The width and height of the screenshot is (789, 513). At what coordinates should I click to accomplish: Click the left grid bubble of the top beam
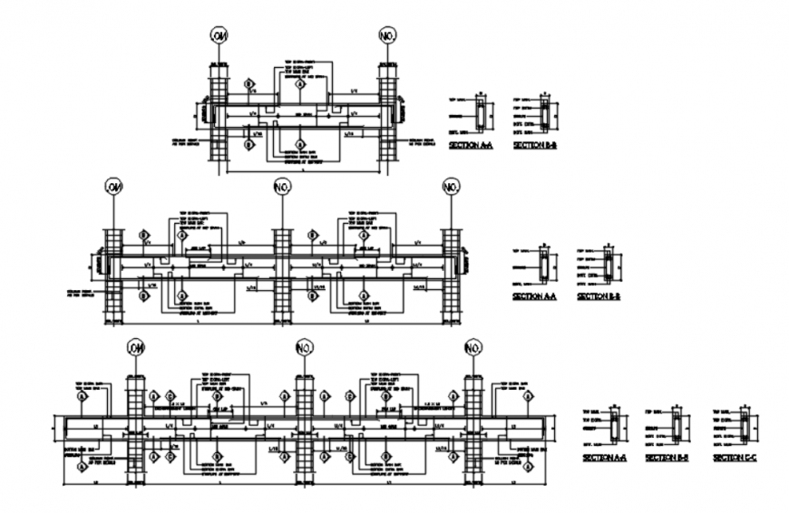click(x=219, y=35)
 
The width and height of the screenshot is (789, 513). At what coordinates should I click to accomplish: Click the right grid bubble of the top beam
click(x=388, y=35)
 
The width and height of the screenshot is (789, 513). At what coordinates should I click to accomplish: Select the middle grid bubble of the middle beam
click(x=282, y=188)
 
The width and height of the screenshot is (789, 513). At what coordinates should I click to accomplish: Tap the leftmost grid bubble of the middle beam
click(x=113, y=188)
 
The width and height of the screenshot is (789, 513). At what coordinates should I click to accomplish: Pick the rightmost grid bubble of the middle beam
click(x=451, y=188)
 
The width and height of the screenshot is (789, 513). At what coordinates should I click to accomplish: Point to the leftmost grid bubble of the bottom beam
click(x=136, y=348)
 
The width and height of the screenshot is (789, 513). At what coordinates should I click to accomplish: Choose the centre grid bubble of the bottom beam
click(x=305, y=348)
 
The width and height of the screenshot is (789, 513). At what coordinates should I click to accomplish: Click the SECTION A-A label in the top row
click(x=470, y=145)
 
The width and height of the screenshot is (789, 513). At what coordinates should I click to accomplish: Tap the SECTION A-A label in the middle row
click(x=533, y=296)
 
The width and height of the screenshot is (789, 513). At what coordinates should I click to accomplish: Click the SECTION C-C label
click(x=735, y=459)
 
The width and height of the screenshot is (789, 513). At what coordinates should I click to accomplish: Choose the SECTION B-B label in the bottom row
click(x=667, y=459)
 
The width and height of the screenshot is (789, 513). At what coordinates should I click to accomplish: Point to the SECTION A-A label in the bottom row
click(x=603, y=459)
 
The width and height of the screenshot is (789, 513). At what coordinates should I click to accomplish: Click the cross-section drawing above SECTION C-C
click(x=745, y=425)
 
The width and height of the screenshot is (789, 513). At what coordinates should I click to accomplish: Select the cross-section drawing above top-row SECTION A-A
click(x=481, y=116)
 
